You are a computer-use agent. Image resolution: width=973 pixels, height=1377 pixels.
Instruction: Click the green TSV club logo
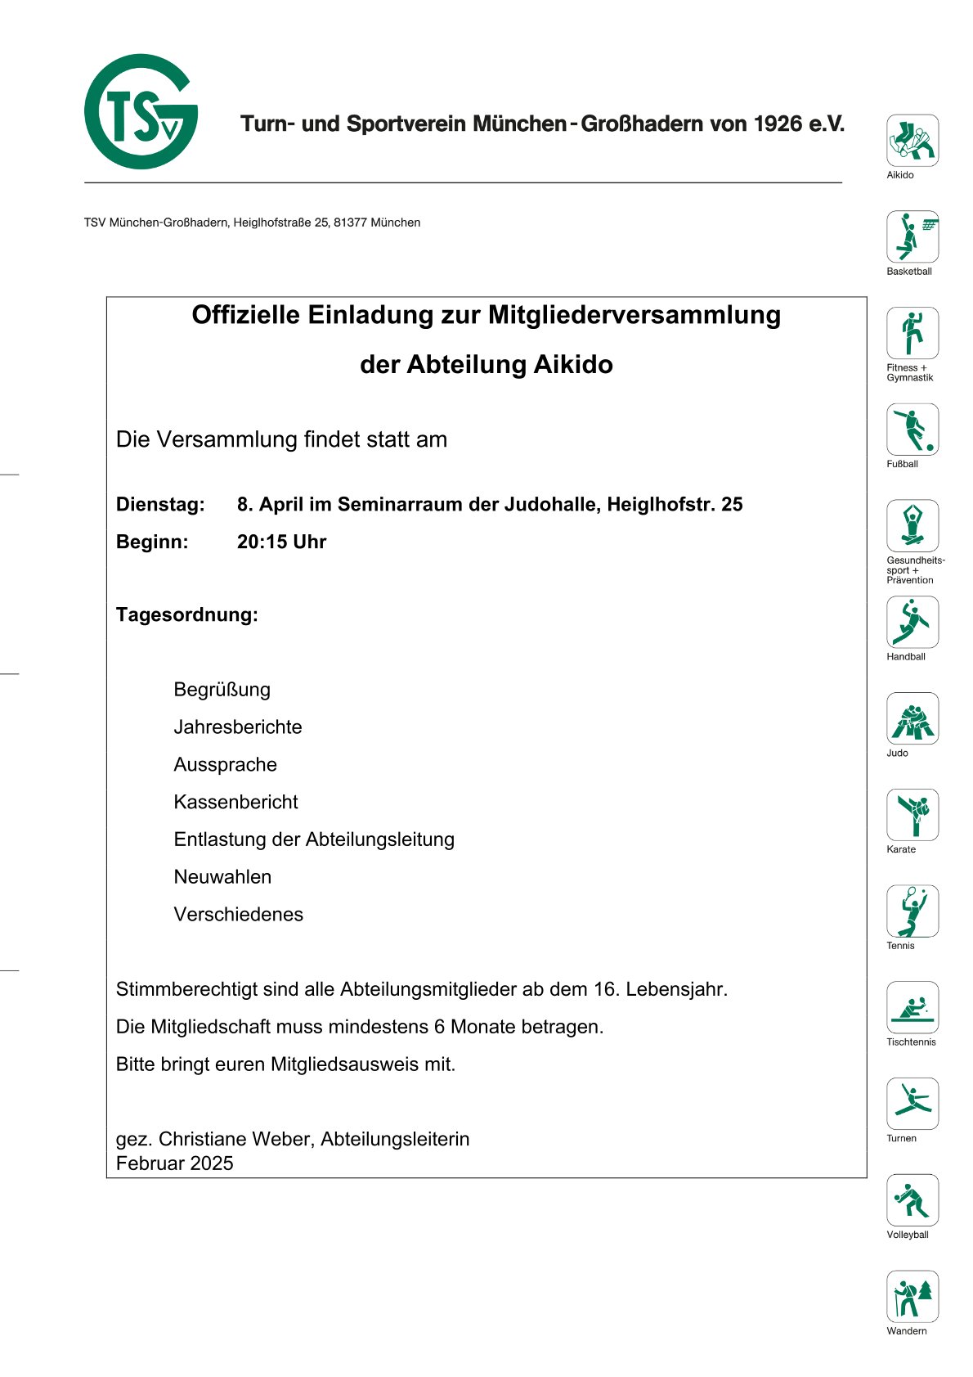[141, 112]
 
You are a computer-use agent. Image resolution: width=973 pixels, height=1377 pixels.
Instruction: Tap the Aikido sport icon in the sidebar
[912, 140]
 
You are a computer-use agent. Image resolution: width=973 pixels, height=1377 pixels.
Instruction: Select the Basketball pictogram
[912, 236]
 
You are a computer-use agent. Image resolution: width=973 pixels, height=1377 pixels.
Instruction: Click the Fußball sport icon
[912, 430]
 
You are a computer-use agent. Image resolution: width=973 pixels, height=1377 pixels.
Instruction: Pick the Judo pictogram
[912, 718]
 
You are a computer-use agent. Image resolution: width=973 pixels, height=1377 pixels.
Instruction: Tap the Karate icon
[912, 815]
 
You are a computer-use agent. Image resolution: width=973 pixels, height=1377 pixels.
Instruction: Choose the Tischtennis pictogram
[912, 1007]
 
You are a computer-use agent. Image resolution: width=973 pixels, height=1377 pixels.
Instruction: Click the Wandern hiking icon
[912, 1296]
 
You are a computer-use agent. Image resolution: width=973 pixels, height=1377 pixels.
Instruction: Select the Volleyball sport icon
[912, 1200]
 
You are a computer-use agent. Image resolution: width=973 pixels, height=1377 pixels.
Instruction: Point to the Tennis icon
[912, 911]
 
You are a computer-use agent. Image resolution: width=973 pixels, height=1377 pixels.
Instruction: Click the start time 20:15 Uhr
[281, 542]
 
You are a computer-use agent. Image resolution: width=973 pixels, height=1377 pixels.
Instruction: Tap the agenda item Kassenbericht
[235, 802]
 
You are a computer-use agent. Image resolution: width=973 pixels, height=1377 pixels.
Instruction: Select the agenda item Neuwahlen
[222, 877]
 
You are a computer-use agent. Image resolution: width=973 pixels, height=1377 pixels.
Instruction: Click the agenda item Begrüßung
[222, 690]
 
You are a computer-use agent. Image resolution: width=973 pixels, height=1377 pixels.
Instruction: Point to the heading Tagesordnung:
[186, 614]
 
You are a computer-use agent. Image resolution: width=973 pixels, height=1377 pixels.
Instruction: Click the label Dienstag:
[160, 504]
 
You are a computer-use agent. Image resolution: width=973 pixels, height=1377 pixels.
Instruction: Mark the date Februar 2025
[174, 1163]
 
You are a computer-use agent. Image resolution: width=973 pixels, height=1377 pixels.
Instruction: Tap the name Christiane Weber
[236, 1139]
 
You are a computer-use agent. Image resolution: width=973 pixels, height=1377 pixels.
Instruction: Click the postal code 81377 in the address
[349, 223]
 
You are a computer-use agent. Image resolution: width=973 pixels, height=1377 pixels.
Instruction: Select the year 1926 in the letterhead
[778, 124]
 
